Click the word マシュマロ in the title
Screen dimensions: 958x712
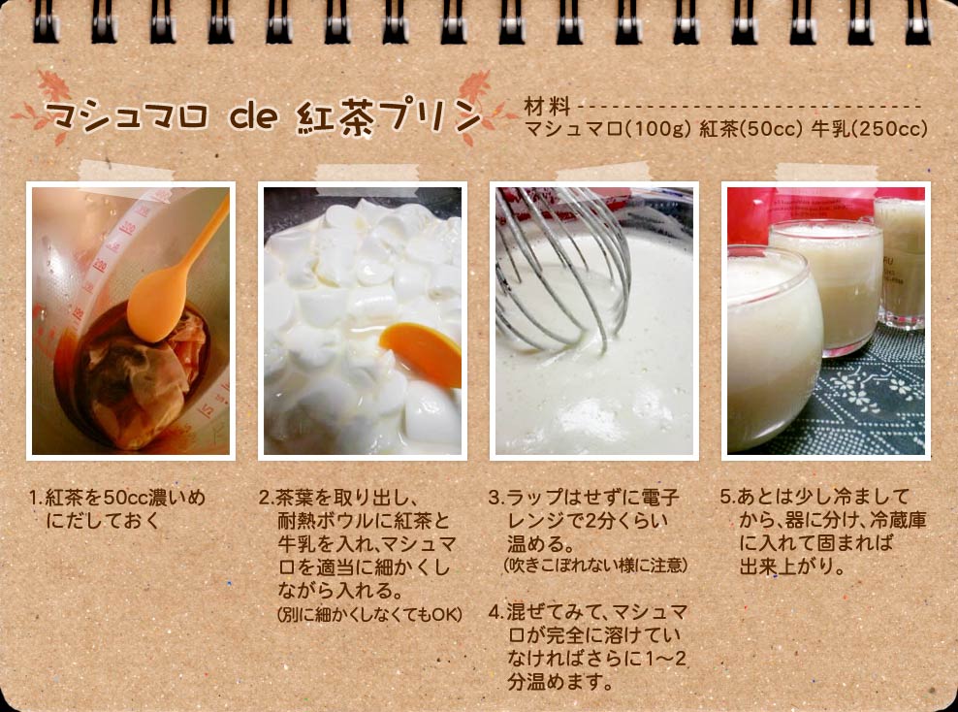pos(126,115)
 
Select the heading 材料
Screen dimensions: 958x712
pos(547,107)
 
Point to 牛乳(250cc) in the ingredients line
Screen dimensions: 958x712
pos(870,129)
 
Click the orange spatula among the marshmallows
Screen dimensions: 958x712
pos(422,353)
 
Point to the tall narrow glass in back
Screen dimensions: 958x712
pos(901,262)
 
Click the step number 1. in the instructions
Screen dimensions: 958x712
pos(37,497)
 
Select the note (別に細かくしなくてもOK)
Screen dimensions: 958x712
pos(369,614)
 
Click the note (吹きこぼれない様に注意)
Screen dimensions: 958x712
pos(595,565)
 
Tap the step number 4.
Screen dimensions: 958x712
pos(496,612)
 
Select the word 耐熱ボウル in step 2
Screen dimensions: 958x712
pos(325,521)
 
